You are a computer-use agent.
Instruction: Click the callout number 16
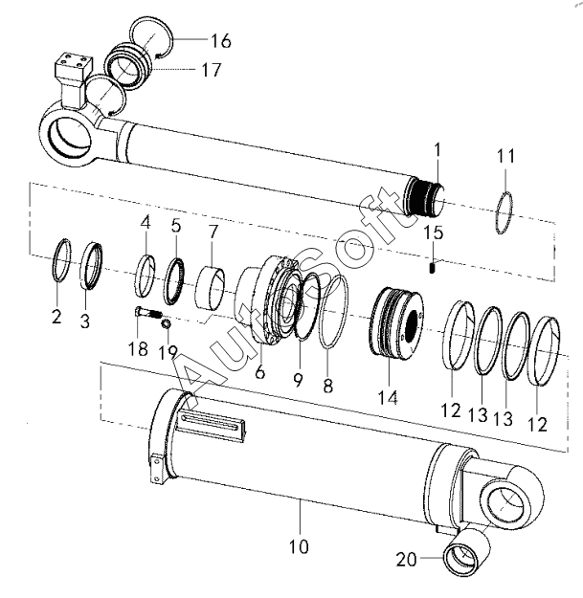point(221,41)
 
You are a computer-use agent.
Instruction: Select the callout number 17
point(212,70)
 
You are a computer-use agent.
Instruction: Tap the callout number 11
point(505,156)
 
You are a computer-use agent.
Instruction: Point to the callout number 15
point(434,233)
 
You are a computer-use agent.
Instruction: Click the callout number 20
point(407,560)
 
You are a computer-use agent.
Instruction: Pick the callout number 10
point(299,546)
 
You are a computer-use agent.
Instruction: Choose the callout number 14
point(388,397)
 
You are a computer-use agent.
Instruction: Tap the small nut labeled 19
point(166,324)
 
